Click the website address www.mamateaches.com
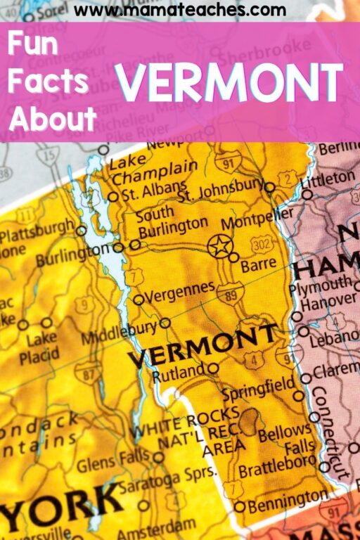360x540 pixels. (x=180, y=11)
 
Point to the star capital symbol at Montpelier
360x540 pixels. (x=219, y=245)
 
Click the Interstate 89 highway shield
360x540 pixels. (x=230, y=293)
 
